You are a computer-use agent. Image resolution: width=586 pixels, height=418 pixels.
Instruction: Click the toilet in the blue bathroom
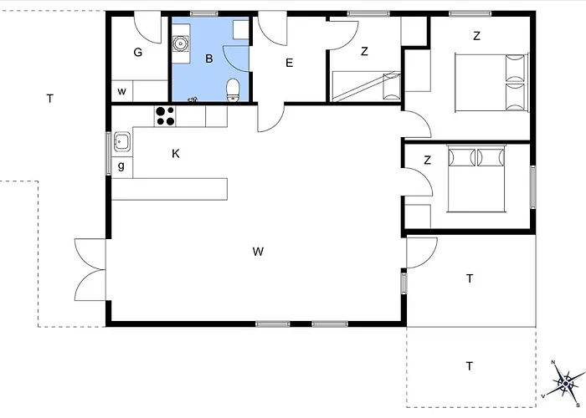[x=234, y=90]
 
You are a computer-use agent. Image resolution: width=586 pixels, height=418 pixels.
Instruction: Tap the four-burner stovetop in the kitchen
[x=165, y=116]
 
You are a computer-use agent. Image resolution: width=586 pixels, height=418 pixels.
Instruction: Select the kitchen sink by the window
[x=122, y=141]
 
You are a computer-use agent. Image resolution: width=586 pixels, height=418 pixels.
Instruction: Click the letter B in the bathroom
[x=209, y=59]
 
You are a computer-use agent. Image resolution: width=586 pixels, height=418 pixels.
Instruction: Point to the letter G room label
[x=138, y=52]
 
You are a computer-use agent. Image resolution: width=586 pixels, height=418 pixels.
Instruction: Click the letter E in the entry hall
[x=289, y=63]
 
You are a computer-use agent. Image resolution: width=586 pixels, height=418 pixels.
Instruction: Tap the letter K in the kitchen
[x=175, y=153]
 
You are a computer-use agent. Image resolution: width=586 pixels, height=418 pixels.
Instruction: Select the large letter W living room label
[x=258, y=252]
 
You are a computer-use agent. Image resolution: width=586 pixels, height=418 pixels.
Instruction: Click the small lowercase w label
[x=121, y=91]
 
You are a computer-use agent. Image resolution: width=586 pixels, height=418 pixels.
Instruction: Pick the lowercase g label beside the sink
[x=121, y=166]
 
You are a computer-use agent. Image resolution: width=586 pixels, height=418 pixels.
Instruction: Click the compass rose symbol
[x=565, y=383]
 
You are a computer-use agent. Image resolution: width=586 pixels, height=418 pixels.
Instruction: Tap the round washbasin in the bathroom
[x=180, y=43]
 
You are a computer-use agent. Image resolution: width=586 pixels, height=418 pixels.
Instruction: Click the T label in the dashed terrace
[x=470, y=366]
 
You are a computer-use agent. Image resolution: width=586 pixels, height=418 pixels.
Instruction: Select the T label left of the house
[x=49, y=99]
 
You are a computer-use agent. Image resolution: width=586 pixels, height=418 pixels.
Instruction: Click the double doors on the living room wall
[x=90, y=269]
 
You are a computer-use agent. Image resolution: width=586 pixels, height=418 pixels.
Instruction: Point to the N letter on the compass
[x=553, y=362]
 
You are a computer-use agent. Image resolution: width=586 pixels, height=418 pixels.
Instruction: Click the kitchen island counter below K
[x=169, y=189]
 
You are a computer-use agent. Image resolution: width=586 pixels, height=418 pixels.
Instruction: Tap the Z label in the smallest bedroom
[x=364, y=51]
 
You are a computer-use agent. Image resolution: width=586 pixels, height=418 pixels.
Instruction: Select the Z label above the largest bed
[x=476, y=36]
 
